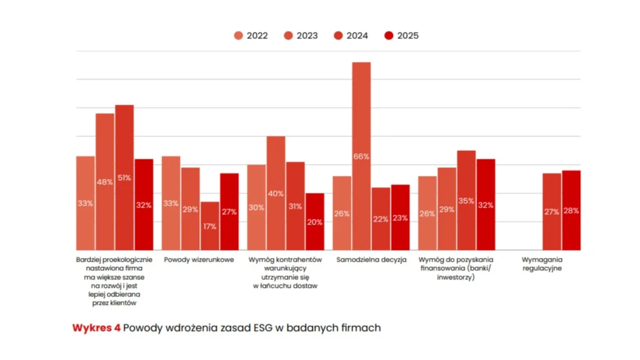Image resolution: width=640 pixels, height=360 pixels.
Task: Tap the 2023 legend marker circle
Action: [289, 36]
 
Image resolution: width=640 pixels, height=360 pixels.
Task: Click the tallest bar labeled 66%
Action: [361, 156]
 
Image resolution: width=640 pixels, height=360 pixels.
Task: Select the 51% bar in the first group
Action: [124, 177]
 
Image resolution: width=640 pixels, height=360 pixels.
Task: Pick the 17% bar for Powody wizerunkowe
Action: [210, 226]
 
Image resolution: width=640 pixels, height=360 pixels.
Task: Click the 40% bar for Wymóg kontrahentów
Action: [276, 193]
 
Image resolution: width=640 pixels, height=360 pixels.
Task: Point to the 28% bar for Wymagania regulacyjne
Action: [571, 210]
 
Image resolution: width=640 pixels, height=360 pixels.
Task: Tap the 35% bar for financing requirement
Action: [466, 200]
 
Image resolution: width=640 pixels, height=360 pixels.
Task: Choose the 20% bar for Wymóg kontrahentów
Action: [315, 221]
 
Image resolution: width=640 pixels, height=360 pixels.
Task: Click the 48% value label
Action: [105, 182]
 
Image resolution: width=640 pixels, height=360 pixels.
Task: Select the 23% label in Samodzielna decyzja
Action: [400, 219]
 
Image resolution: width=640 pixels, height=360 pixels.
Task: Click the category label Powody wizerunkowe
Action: [199, 259]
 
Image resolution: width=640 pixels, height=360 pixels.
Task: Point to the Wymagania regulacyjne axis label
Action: [542, 264]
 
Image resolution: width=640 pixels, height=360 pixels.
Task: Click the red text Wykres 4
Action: [96, 328]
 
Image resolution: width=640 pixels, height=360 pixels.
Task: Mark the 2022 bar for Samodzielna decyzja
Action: [342, 213]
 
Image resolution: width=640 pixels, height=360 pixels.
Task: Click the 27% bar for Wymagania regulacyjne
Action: [552, 211]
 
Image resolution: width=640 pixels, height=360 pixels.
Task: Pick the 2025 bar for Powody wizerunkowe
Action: [229, 211]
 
